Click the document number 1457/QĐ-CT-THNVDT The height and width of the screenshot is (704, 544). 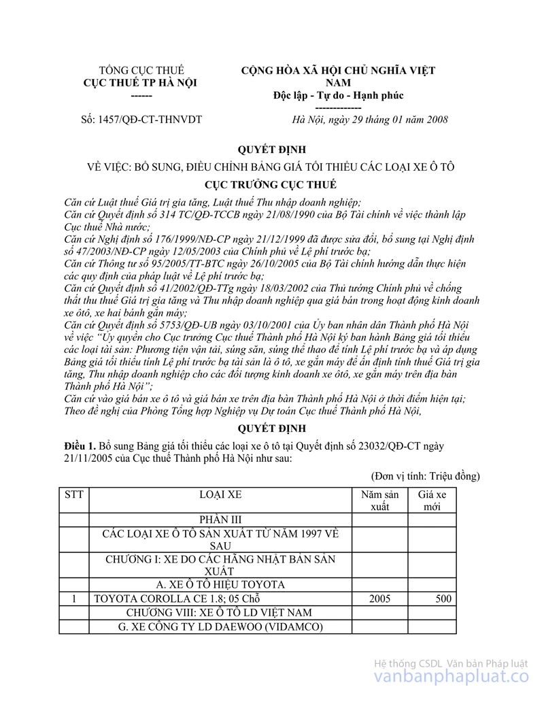coord(141,120)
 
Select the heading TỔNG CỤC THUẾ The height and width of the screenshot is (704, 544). coord(141,70)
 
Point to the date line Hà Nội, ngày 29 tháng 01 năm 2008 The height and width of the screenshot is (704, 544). coord(369,120)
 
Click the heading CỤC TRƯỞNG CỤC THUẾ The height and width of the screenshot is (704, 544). coord(271,185)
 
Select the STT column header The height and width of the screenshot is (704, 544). coord(73,495)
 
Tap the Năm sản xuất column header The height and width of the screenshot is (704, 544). coord(380,501)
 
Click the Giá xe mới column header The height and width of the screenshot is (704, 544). coord(432,501)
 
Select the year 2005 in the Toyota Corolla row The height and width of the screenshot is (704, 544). coord(380,599)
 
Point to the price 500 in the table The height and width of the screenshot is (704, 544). coord(443,599)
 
